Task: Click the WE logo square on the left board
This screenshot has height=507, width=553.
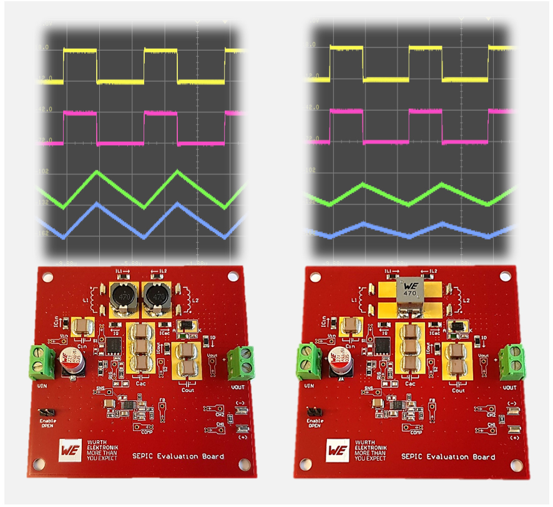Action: pyautogui.click(x=69, y=450)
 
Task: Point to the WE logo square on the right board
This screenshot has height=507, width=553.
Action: pyautogui.click(x=337, y=450)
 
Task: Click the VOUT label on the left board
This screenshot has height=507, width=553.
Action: pyautogui.click(x=237, y=388)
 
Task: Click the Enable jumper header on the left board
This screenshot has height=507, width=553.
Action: pyautogui.click(x=46, y=413)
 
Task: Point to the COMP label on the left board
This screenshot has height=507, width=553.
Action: pyautogui.click(x=147, y=431)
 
